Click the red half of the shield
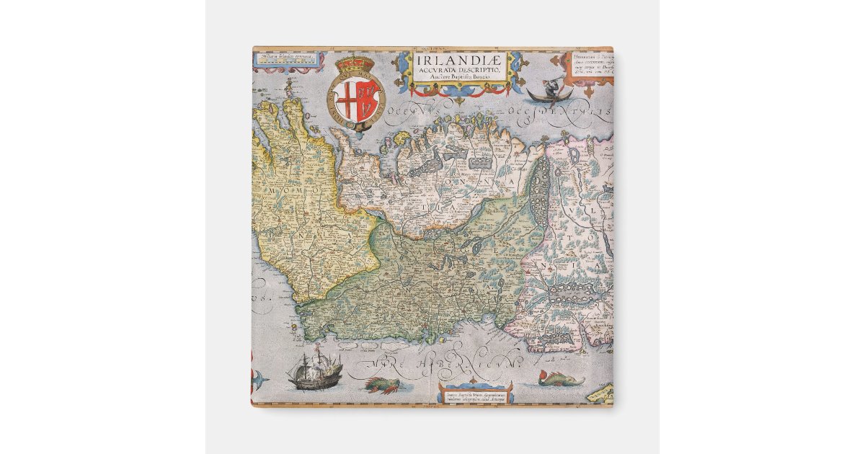click(368, 99)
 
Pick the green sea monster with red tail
click(560, 378)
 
